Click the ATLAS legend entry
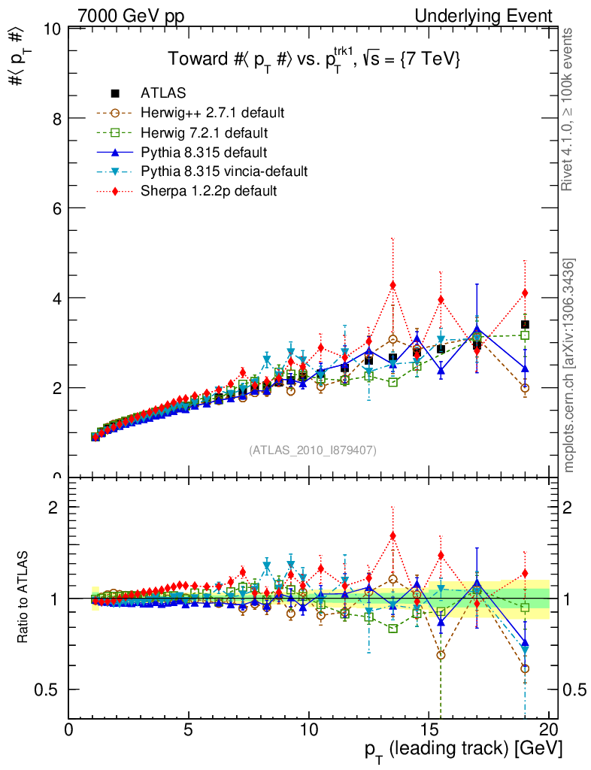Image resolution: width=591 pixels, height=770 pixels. (x=163, y=93)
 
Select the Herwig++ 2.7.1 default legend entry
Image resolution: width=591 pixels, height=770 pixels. (x=212, y=113)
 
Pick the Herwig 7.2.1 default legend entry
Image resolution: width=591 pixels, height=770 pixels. (x=204, y=132)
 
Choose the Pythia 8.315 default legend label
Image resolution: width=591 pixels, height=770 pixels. (x=205, y=152)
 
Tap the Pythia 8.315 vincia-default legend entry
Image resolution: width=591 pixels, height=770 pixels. (x=224, y=171)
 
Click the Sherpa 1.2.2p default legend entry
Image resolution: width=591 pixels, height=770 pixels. (x=208, y=191)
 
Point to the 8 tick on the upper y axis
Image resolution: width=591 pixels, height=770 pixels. (x=53, y=119)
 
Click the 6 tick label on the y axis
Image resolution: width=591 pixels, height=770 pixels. (x=53, y=208)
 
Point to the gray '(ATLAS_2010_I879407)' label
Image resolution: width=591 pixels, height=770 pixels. (x=313, y=450)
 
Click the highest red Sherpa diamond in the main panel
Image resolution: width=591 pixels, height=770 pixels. (x=392, y=285)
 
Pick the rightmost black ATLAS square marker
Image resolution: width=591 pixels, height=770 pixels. (x=525, y=325)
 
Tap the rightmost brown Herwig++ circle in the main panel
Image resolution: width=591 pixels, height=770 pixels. (x=525, y=388)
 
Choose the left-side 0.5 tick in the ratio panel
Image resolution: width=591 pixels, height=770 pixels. (x=53, y=690)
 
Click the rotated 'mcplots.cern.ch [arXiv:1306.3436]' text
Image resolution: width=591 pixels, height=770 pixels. (x=570, y=365)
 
